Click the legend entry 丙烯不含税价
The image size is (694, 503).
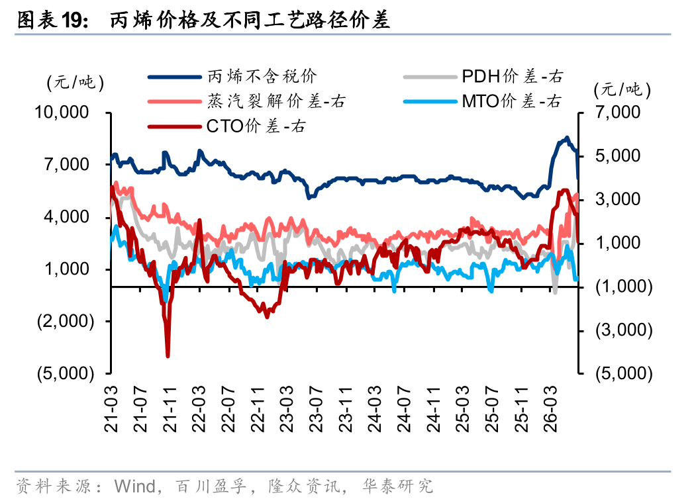[x=232, y=77]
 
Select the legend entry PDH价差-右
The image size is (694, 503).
[x=483, y=77]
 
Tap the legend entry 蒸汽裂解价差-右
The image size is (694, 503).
[x=246, y=101]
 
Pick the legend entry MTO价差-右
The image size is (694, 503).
[x=483, y=101]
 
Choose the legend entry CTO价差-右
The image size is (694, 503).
[x=226, y=126]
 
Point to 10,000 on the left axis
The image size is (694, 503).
[x=62, y=113]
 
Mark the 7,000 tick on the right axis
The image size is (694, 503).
[x=617, y=113]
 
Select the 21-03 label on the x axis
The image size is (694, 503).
[x=111, y=409]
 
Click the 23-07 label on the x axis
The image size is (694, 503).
[x=316, y=409]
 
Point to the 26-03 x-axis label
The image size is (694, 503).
[x=550, y=409]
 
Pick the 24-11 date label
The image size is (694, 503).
[x=433, y=409]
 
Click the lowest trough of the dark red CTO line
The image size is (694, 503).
[x=168, y=355]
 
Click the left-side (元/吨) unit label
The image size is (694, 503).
[x=75, y=83]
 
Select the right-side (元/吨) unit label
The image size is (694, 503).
[x=622, y=90]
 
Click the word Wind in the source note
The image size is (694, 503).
[x=134, y=486]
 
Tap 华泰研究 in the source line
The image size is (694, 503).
[x=397, y=486]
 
